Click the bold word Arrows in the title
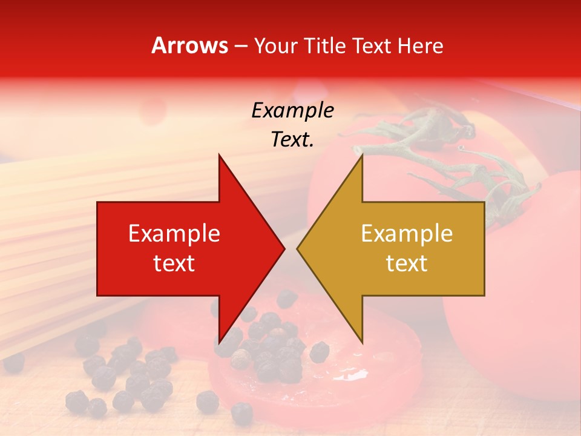click(x=190, y=45)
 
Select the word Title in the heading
click(x=326, y=45)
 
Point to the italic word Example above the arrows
click(x=292, y=111)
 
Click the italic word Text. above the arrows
click(x=292, y=139)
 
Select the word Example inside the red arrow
click(x=174, y=233)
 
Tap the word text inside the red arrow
click(x=174, y=263)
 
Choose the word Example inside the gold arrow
click(x=407, y=233)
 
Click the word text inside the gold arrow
click(x=407, y=263)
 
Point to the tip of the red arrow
click(x=283, y=248)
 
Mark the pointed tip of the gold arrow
click(x=298, y=248)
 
